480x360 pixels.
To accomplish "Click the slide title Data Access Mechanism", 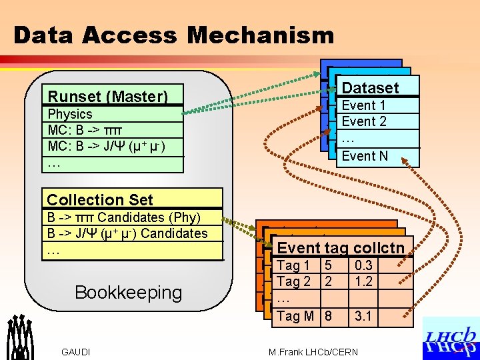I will pos(173,35).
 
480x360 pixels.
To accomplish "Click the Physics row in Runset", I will pos(71,114).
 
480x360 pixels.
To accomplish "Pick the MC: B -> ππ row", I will pos(89,129).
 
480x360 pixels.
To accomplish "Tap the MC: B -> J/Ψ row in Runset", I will pos(107,146).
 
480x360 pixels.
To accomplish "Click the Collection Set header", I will pos(100,199).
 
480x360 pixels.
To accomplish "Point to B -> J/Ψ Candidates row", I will pos(127,233).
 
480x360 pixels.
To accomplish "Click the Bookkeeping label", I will pos(128,292).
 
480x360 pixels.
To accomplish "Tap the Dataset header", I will pos(370,87).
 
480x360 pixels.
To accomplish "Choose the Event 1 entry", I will pos(363,105).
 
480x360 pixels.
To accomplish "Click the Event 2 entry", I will pos(363,121).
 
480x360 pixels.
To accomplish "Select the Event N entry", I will pos(364,156).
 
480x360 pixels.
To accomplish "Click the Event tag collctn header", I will pos(341,248).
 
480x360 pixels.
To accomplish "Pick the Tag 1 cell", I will pos(293,265).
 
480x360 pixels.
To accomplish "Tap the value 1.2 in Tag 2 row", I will pos(363,281).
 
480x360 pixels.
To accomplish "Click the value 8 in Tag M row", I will pos(328,316).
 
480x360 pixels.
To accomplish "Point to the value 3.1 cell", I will pos(363,316).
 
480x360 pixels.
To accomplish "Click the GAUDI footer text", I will pos(76,352).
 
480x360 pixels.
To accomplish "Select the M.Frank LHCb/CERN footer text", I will pos(313,352).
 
